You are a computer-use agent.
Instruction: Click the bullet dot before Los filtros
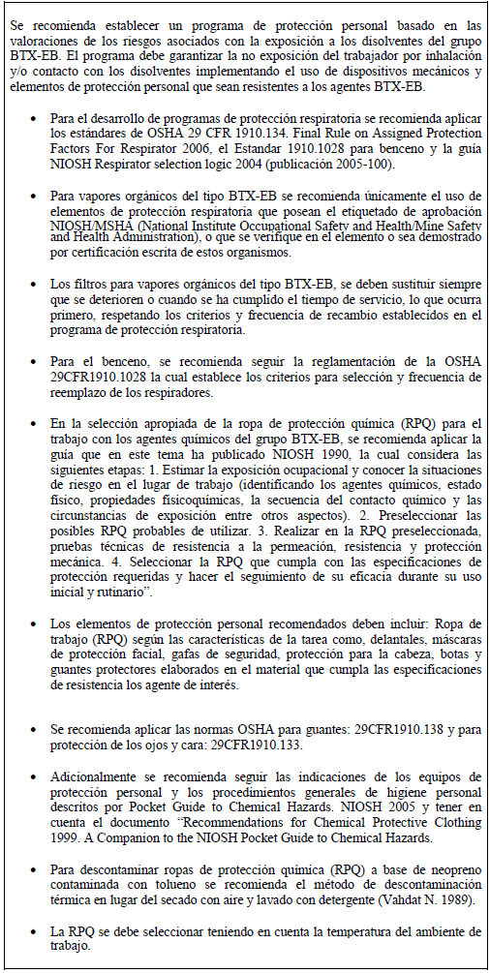pyautogui.click(x=35, y=284)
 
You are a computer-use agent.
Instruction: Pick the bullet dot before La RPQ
pyautogui.click(x=35, y=931)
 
